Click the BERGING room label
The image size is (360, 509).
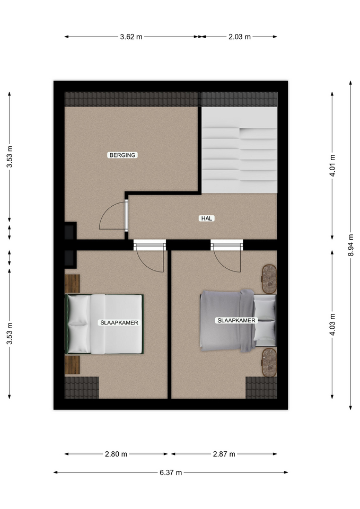pyautogui.click(x=122, y=155)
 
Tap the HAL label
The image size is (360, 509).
pyautogui.click(x=206, y=218)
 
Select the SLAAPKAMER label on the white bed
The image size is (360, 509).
pyautogui.click(x=119, y=323)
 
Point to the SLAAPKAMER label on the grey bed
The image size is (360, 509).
pyautogui.click(x=236, y=320)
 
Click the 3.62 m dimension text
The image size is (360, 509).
pyautogui.click(x=131, y=37)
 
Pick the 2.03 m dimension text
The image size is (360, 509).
pyautogui.click(x=240, y=37)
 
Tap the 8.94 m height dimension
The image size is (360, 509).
pyautogui.click(x=351, y=245)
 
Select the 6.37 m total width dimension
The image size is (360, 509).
pyautogui.click(x=171, y=472)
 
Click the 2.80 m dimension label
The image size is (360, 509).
pyautogui.click(x=116, y=454)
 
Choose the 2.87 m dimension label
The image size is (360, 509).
pyautogui.click(x=224, y=454)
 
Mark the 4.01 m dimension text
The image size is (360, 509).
pyautogui.click(x=332, y=165)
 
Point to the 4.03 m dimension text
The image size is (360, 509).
pyautogui.click(x=332, y=324)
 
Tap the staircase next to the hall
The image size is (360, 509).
pyautogui.click(x=239, y=150)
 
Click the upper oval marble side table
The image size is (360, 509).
pyautogui.click(x=269, y=279)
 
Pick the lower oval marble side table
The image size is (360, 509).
pyautogui.click(x=269, y=363)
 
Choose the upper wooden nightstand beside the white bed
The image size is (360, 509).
pyautogui.click(x=72, y=284)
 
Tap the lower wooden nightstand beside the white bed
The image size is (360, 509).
pyautogui.click(x=72, y=365)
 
